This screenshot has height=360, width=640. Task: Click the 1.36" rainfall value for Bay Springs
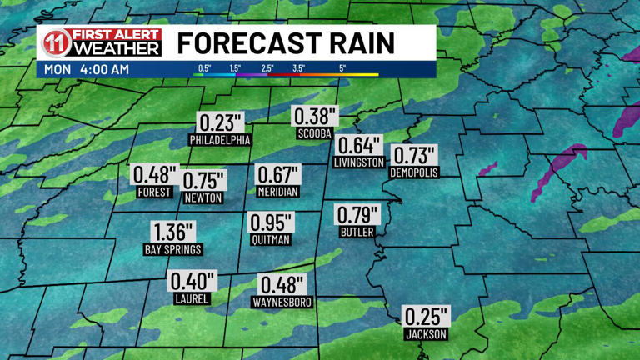point(173,232)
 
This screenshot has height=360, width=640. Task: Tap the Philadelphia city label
point(219,138)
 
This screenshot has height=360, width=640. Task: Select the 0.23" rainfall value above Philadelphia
point(219,122)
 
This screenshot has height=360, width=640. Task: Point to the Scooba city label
point(314,133)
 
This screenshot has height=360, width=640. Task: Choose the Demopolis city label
point(413,172)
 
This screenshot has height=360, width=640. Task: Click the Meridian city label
point(277,191)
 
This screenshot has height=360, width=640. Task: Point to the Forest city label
point(154,192)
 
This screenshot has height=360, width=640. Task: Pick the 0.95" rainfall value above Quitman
point(271,223)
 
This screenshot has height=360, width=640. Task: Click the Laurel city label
point(192,298)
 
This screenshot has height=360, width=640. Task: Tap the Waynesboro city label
point(282,302)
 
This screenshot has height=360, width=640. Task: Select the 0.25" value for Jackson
point(426,317)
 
